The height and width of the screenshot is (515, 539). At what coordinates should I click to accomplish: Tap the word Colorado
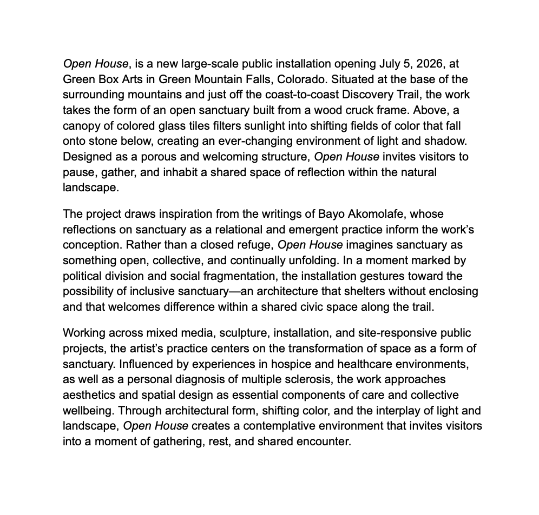[301, 79]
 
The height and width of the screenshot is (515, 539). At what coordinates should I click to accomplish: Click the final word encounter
[324, 442]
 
